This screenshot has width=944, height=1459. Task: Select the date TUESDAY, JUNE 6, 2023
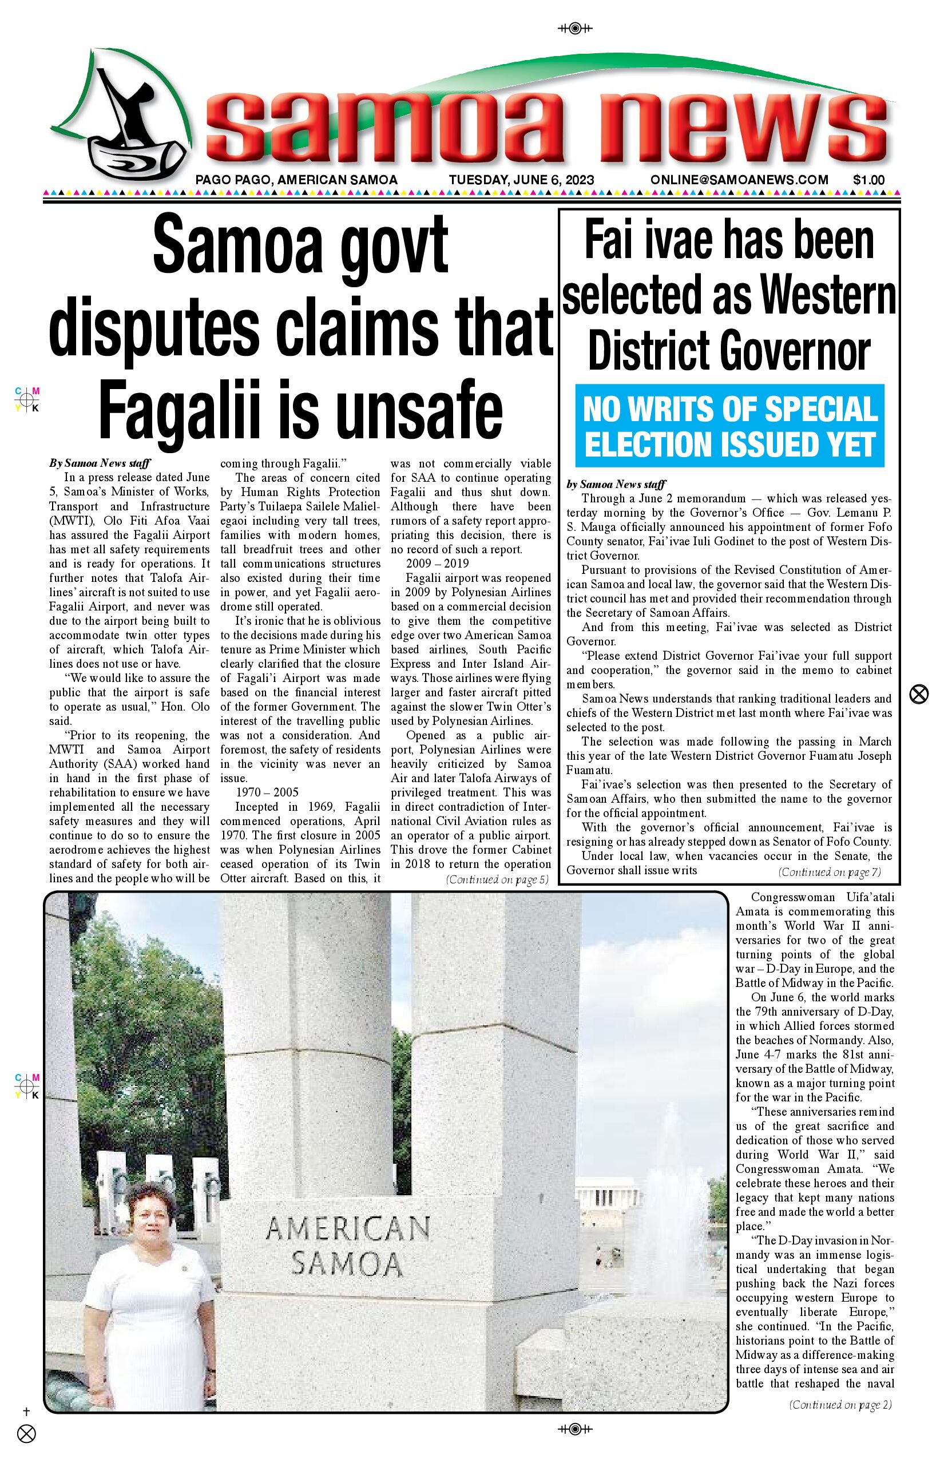(521, 180)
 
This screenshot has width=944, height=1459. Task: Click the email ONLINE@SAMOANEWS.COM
(739, 180)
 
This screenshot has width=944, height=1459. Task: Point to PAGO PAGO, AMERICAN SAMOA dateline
(296, 180)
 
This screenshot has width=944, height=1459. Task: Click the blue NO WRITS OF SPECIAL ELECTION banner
(729, 427)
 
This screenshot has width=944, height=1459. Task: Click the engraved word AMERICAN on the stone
(348, 1228)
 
